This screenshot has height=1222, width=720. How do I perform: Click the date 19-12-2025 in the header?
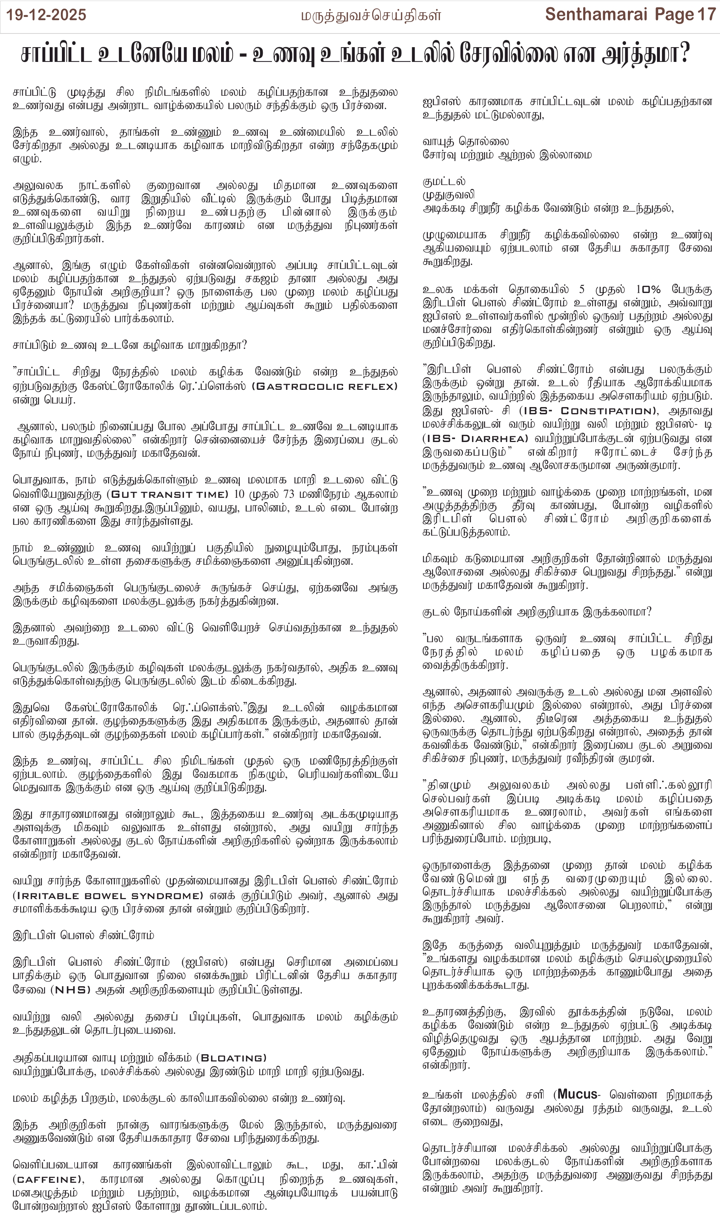pos(46,15)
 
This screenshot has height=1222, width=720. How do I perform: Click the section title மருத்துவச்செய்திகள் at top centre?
pos(371,16)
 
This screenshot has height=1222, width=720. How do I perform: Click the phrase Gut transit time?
pos(169,494)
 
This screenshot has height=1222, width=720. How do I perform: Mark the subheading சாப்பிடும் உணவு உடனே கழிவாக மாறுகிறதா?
pos(130,346)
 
